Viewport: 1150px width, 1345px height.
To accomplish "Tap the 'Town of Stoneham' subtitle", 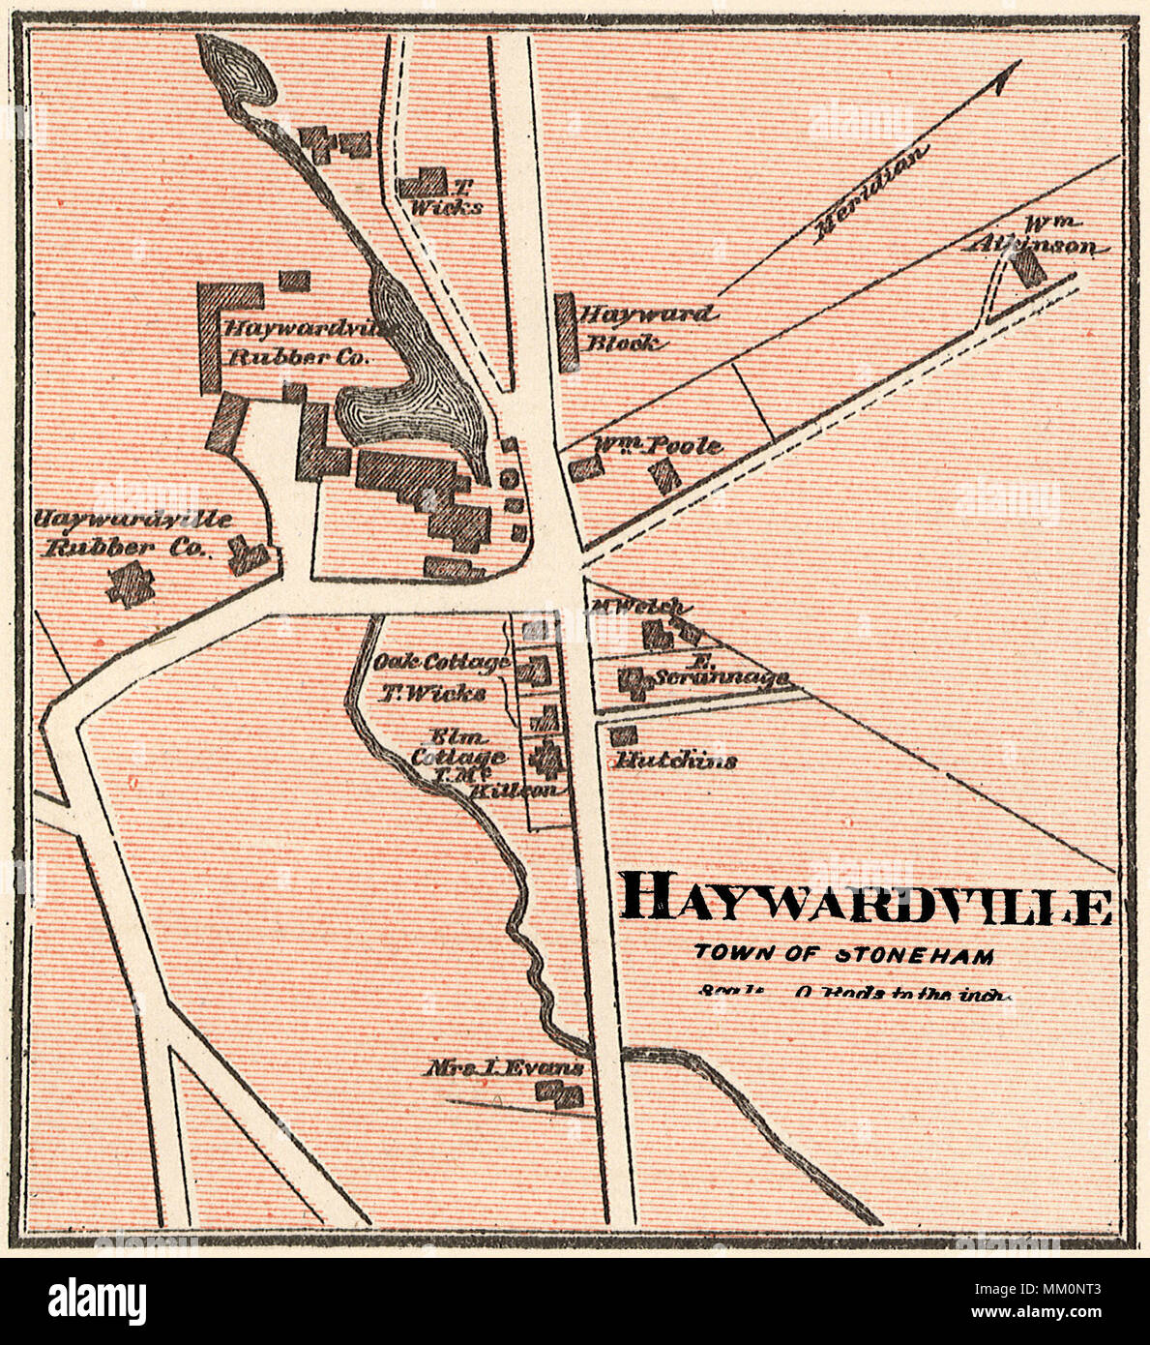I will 844,955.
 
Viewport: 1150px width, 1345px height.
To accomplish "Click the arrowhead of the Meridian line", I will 1010,74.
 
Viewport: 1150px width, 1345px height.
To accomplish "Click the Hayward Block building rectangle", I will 568,331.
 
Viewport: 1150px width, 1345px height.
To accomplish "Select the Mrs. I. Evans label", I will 506,1069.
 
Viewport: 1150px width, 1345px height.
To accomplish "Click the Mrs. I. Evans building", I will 561,1094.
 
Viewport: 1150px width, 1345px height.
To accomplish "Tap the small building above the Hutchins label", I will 624,736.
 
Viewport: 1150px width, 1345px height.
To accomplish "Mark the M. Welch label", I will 638,607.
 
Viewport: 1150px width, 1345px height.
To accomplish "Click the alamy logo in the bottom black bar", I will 97,1300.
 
